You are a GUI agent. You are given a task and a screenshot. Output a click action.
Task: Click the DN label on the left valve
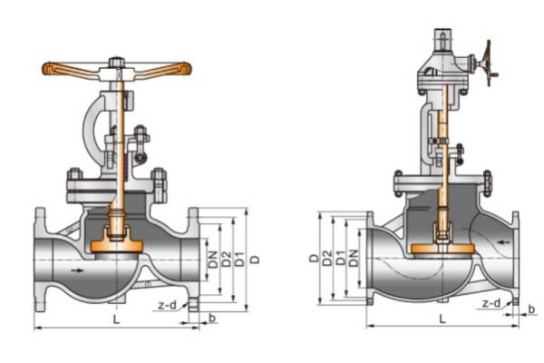point(213,260)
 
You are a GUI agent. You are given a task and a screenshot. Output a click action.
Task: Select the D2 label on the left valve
point(226,260)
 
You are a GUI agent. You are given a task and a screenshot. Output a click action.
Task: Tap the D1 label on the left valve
point(239,260)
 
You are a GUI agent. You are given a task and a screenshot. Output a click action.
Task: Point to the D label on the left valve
point(255,260)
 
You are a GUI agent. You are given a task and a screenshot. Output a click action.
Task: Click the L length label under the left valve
point(117,319)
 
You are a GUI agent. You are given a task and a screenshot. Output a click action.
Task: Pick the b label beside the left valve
point(212,317)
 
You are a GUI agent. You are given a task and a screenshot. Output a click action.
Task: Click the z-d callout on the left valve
point(167,305)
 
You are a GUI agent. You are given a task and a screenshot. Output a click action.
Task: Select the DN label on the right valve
point(354,258)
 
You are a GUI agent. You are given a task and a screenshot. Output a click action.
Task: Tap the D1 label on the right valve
point(341,258)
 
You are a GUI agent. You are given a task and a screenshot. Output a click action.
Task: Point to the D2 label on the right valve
point(327,258)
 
